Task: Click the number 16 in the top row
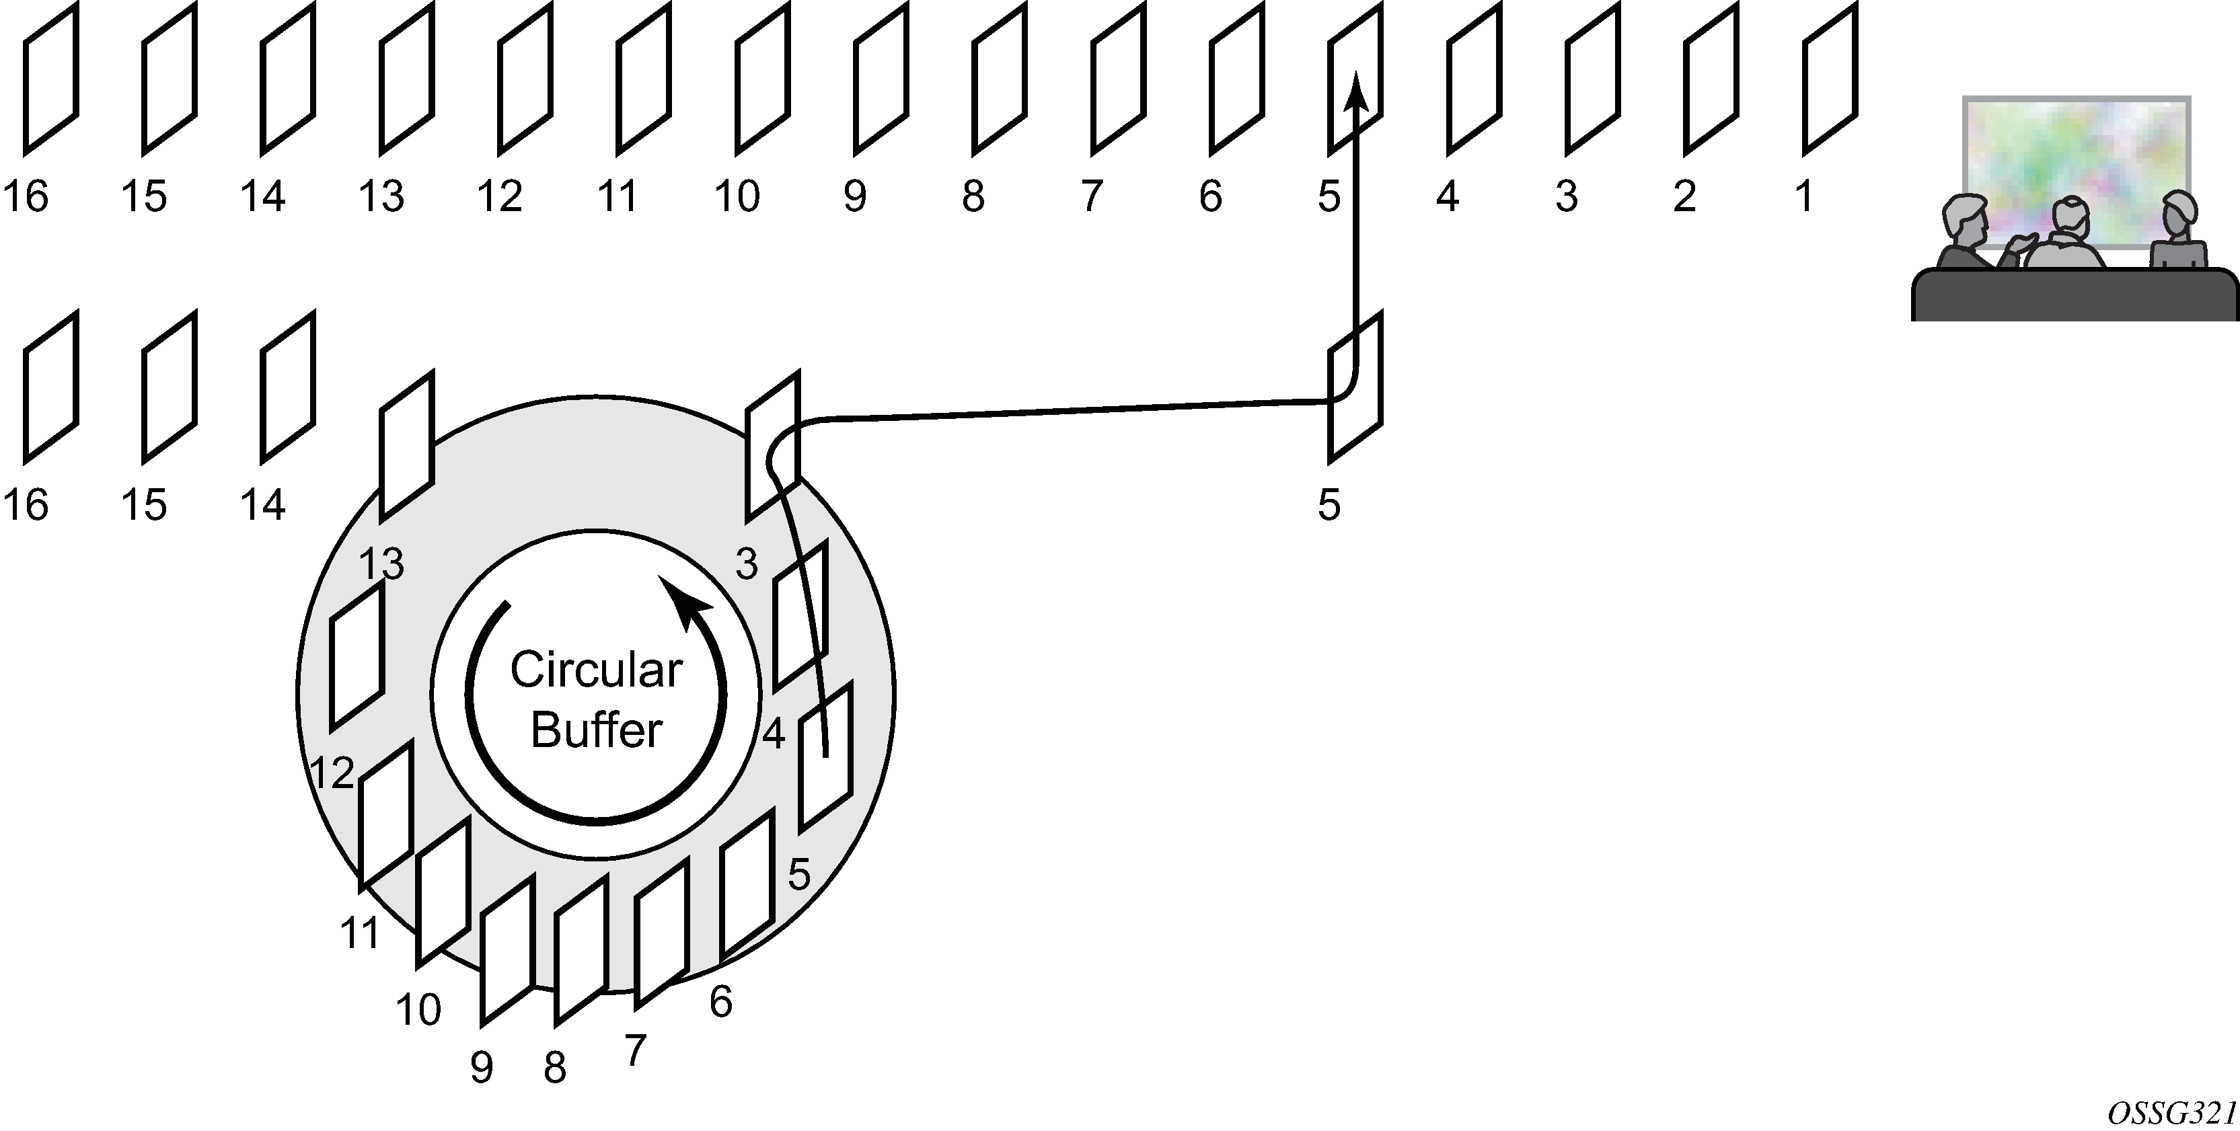25,196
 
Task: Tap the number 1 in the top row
1804,196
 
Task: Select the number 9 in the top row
855,196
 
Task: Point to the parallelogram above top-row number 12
525,78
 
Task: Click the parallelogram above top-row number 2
1711,78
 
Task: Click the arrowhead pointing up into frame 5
1355,91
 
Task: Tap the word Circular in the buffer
596,670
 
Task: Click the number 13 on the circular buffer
381,565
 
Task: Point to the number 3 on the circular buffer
746,565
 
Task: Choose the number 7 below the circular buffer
636,1051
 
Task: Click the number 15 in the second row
143,505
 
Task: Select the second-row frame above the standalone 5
1355,387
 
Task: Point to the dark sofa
2074,296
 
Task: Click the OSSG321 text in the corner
2172,1114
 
